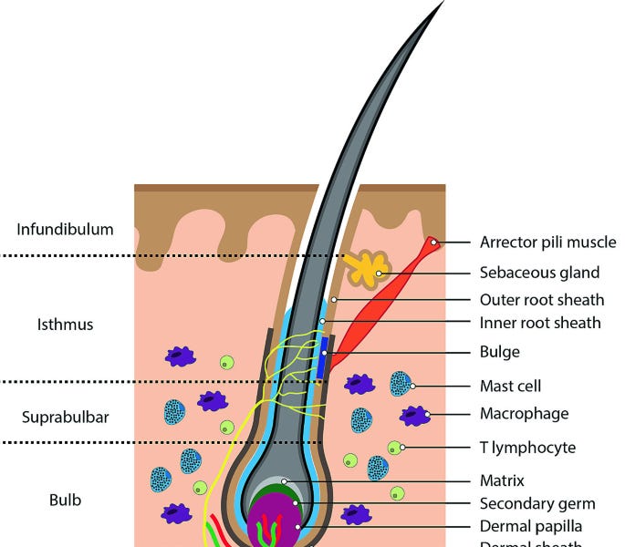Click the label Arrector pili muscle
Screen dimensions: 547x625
(x=547, y=242)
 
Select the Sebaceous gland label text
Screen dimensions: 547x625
(x=539, y=272)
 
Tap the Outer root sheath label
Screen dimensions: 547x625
(x=541, y=299)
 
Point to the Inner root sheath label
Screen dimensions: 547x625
(x=539, y=323)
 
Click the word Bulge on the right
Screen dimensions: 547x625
(x=499, y=351)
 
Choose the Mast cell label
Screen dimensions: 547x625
(x=510, y=386)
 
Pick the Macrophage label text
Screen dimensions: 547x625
(x=524, y=414)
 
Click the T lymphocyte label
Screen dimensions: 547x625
(x=527, y=448)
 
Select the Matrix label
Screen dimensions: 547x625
(x=502, y=480)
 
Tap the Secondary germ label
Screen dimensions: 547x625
(x=537, y=503)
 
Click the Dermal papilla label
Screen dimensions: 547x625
(x=530, y=526)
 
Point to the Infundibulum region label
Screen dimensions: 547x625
(x=65, y=229)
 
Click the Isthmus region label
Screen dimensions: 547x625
(x=65, y=325)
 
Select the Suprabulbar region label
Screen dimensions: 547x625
(x=65, y=418)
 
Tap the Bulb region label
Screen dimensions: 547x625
(x=65, y=501)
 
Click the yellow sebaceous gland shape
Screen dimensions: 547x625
(x=367, y=269)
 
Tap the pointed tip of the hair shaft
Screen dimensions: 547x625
(x=443, y=3)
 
